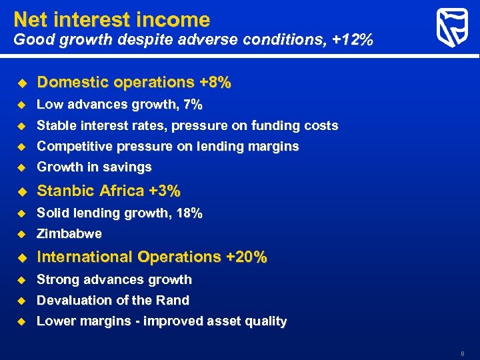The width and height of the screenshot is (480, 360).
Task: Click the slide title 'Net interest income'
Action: pyautogui.click(x=111, y=19)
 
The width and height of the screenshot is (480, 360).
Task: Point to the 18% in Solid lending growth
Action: pyautogui.click(x=189, y=213)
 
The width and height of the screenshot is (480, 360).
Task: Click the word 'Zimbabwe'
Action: pyautogui.click(x=69, y=234)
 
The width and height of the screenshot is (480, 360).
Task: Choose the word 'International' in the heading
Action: pyautogui.click(x=83, y=257)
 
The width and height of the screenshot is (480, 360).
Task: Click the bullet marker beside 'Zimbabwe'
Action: pyautogui.click(x=20, y=234)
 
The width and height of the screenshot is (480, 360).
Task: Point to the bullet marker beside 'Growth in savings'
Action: pyautogui.click(x=20, y=167)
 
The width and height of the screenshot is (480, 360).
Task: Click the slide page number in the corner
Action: pyautogui.click(x=461, y=352)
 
